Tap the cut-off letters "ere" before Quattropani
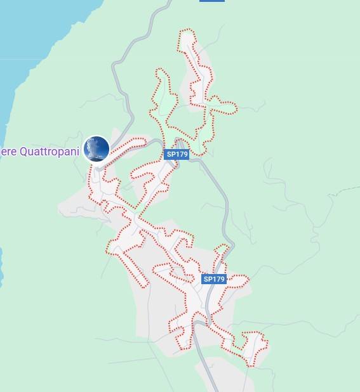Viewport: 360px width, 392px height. pyautogui.click(x=8, y=152)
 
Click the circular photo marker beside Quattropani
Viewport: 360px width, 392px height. pyautogui.click(x=97, y=149)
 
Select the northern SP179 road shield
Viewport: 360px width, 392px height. pyautogui.click(x=177, y=154)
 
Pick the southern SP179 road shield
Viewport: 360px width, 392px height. pyautogui.click(x=214, y=279)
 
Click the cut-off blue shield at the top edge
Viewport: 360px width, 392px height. pyautogui.click(x=211, y=1)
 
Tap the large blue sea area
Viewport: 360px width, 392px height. pyautogui.click(x=38, y=38)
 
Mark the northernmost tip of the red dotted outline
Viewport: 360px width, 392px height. pyautogui.click(x=186, y=30)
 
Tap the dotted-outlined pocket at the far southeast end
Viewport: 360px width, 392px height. pyautogui.click(x=254, y=346)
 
